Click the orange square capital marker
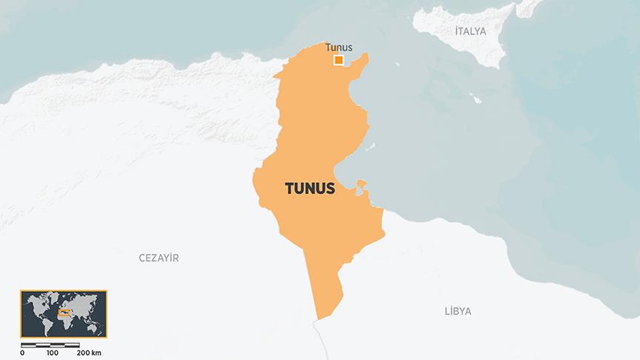coord(339,61)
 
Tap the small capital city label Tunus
coord(339,47)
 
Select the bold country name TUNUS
coord(310,189)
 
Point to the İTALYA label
coord(470,30)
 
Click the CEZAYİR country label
coord(159,258)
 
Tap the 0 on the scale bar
coord(22,353)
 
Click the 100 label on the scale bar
coord(52,353)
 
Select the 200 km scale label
coord(89,353)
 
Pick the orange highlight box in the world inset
coord(64,312)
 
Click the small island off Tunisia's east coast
coord(361,184)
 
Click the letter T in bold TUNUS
coord(290,189)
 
